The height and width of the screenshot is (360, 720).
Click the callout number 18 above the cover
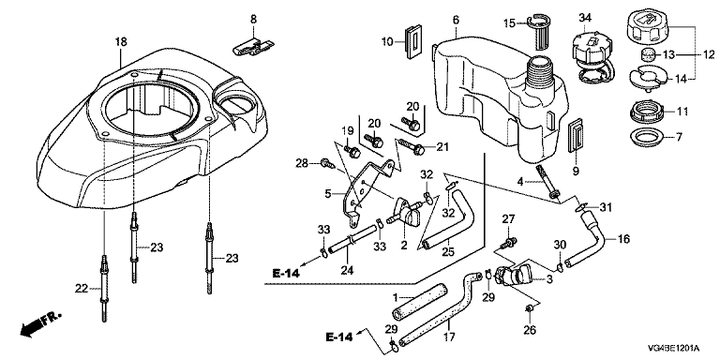pyautogui.click(x=120, y=42)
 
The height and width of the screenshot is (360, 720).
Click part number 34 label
pyautogui.click(x=585, y=18)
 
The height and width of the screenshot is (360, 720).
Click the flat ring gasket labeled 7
pyautogui.click(x=641, y=137)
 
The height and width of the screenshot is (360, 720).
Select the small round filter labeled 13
pyautogui.click(x=647, y=54)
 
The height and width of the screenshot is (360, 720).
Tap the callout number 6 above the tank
pyautogui.click(x=456, y=21)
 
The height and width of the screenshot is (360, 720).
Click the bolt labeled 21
pyautogui.click(x=414, y=147)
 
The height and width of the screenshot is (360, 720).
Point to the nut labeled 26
pyautogui.click(x=530, y=311)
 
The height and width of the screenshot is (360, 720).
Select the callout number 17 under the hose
pyautogui.click(x=450, y=337)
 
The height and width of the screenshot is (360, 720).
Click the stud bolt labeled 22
pyautogui.click(x=104, y=289)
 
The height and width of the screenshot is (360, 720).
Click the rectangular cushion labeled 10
pyautogui.click(x=412, y=43)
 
